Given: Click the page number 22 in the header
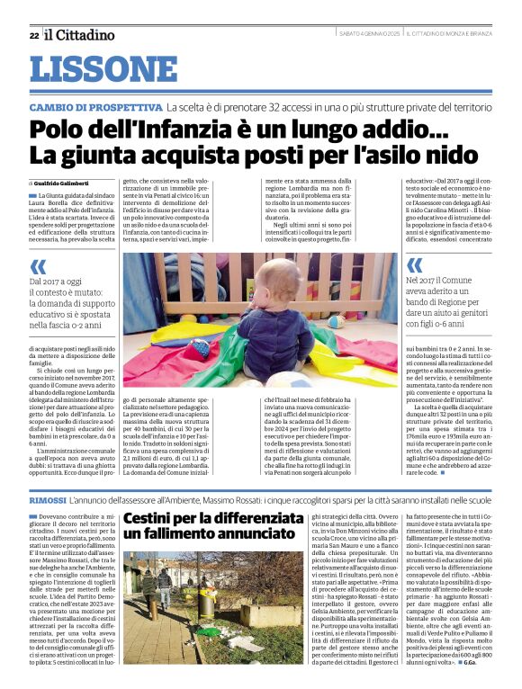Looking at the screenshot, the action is [33, 35].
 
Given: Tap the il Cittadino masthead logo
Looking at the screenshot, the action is [80, 35].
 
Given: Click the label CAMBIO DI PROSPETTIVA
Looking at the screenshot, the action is [95, 107].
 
